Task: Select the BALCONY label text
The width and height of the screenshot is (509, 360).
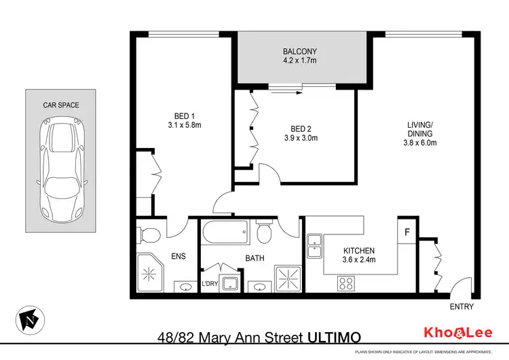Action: point(299,52)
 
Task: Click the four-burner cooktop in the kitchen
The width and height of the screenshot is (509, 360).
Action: point(345,283)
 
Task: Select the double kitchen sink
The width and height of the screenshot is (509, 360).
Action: point(315,246)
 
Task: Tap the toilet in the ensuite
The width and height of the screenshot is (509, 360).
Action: point(149,235)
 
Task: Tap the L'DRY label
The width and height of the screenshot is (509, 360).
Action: point(210,283)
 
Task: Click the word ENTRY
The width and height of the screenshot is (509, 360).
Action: point(461,307)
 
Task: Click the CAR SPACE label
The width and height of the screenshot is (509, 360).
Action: point(61,105)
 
